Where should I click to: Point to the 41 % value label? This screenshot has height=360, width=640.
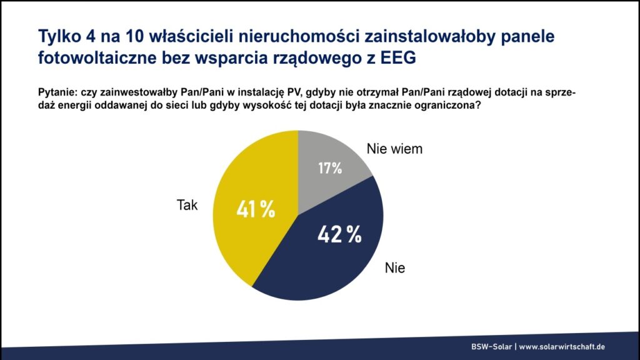(256, 210)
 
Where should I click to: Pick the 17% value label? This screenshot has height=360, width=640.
(329, 168)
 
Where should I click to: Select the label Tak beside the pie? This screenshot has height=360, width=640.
(187, 205)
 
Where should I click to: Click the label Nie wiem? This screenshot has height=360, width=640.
(394, 149)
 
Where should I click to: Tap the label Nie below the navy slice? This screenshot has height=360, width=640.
(395, 269)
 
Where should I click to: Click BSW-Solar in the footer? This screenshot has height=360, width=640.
(491, 347)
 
